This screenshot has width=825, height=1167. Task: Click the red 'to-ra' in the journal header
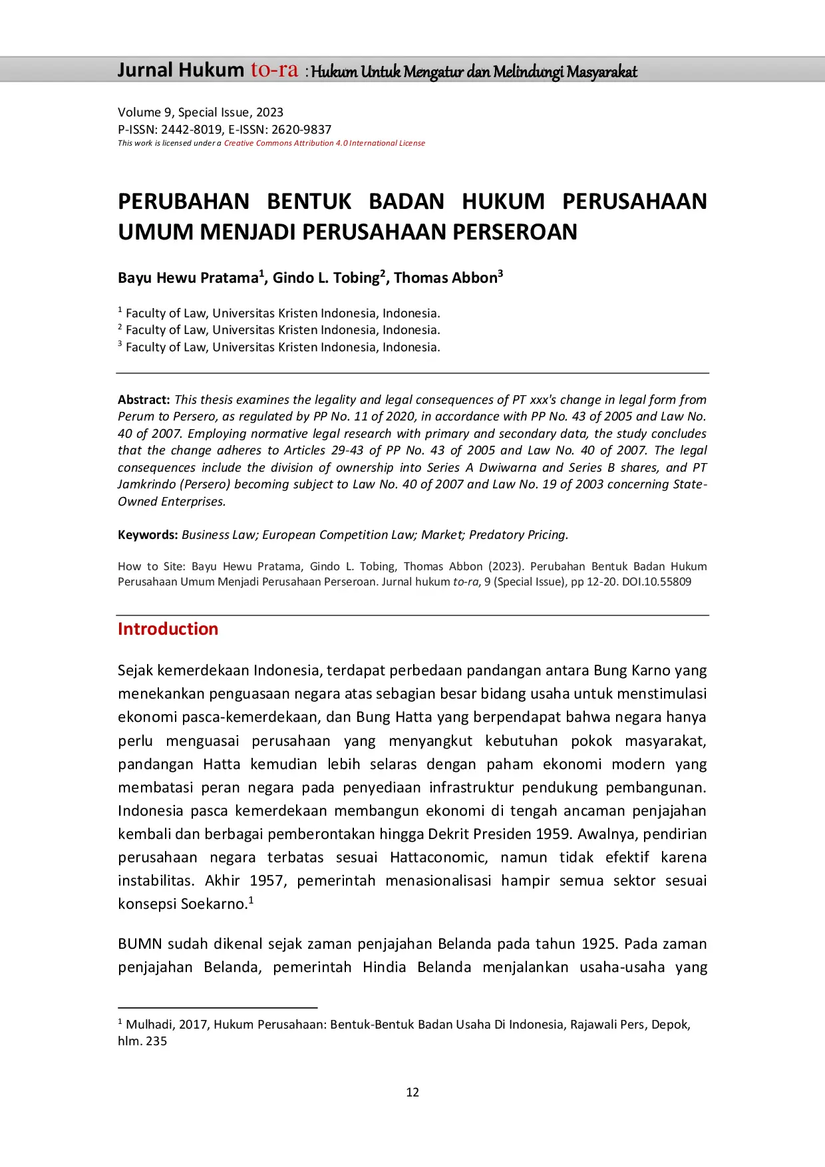pyautogui.click(x=274, y=70)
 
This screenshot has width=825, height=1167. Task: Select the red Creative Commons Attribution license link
pyautogui.click(x=324, y=143)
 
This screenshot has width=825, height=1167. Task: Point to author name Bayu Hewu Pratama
pyautogui.click(x=188, y=278)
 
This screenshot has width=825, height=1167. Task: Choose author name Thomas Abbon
pyautogui.click(x=445, y=278)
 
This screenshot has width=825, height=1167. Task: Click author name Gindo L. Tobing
pyautogui.click(x=325, y=278)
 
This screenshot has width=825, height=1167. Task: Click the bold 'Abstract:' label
pyautogui.click(x=144, y=400)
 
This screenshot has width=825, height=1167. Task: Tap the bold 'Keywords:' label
pyautogui.click(x=148, y=535)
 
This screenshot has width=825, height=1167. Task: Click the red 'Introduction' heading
pyautogui.click(x=168, y=629)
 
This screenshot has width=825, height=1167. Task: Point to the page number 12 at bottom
pyautogui.click(x=412, y=1092)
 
